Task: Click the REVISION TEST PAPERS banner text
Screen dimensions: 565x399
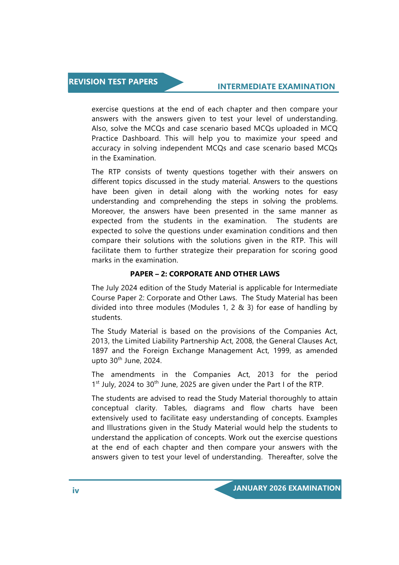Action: tap(113, 82)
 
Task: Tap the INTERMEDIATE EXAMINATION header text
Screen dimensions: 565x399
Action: tap(276, 87)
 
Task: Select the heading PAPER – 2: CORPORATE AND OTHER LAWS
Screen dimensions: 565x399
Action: tap(205, 274)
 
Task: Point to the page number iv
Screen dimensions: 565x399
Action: tap(76, 491)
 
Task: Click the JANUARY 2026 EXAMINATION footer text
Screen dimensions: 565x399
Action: tap(286, 488)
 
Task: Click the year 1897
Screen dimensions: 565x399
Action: tap(100, 351)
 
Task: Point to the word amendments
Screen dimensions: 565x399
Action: tap(133, 375)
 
